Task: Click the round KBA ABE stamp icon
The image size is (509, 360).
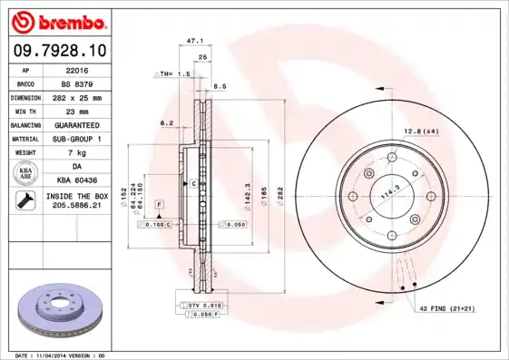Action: tap(25, 173)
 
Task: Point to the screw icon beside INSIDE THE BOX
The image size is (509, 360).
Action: tap(25, 201)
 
